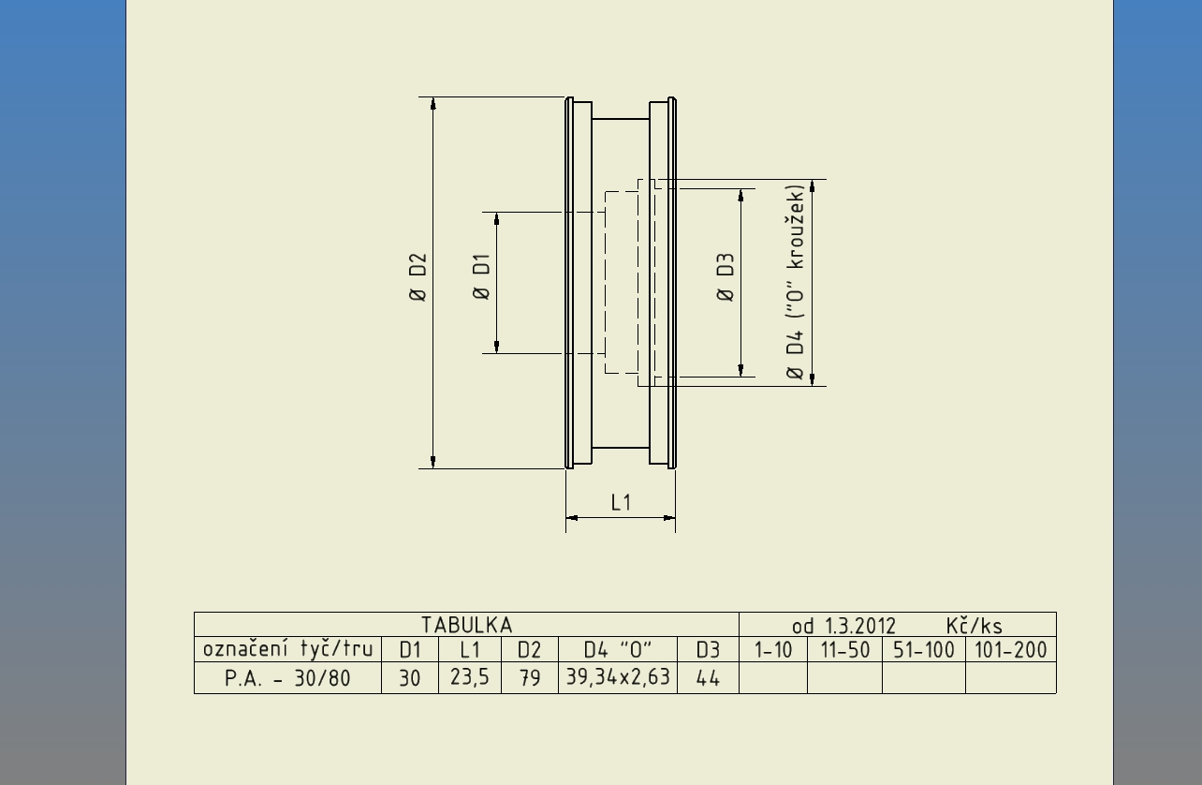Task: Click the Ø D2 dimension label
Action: [418, 277]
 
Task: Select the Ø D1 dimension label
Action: [481, 276]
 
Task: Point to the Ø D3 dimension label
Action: [725, 277]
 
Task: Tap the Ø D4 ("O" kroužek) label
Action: [796, 282]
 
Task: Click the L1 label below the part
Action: [621, 503]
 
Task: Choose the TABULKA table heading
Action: [467, 625]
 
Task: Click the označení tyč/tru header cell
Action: [287, 650]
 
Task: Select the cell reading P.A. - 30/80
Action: [287, 678]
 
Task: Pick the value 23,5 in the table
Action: [470, 677]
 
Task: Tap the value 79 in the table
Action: [530, 678]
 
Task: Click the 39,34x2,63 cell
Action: [618, 677]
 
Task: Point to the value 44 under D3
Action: [708, 679]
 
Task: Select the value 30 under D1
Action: [409, 679]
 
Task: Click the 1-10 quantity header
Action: [773, 650]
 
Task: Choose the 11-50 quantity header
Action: [845, 650]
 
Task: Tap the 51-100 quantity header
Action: [924, 650]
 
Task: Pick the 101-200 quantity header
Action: [1010, 650]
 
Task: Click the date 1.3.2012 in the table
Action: [860, 626]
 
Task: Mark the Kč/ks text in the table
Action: [974, 626]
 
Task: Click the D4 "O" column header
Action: [618, 650]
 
